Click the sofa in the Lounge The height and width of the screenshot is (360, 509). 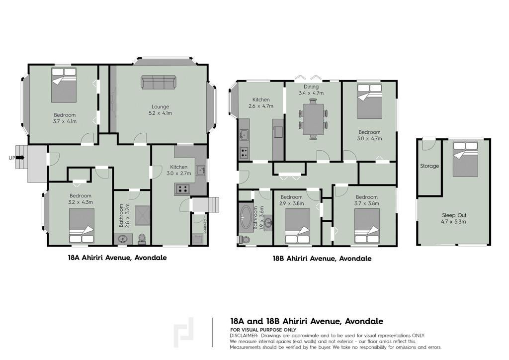[158, 82]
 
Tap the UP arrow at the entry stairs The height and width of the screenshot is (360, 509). [20, 158]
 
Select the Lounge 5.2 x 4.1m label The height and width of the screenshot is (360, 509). [160, 110]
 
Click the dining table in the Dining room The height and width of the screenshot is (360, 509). [313, 119]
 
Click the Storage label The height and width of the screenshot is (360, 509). [429, 166]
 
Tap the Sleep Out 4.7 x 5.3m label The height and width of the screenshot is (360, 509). [454, 218]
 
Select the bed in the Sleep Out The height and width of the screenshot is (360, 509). [465, 159]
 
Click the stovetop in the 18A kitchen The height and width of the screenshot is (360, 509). [182, 189]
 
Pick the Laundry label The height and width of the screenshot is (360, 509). [204, 226]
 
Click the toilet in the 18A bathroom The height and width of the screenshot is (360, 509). [142, 239]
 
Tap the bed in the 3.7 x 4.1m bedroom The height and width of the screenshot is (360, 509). [64, 85]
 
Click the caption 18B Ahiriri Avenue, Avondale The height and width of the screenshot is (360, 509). [322, 259]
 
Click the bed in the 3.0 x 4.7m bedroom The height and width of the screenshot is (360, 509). [369, 101]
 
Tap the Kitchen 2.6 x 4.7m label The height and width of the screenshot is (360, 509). [261, 103]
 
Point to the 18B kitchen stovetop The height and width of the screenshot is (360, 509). [244, 153]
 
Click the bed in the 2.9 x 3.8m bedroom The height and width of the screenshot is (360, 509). [297, 226]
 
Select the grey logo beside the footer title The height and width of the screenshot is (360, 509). [184, 333]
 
